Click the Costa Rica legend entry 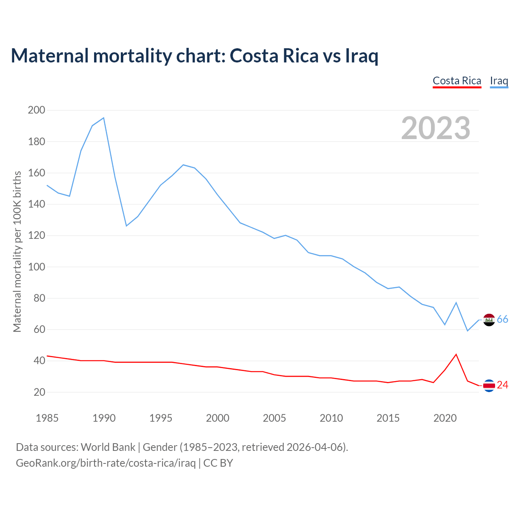[x=457, y=81]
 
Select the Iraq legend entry [x=499, y=81]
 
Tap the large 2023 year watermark [x=436, y=128]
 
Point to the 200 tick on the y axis [x=36, y=110]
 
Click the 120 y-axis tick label [x=36, y=235]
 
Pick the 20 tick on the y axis [x=39, y=392]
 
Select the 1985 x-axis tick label [x=47, y=418]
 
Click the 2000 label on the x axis [x=218, y=418]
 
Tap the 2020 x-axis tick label [x=445, y=418]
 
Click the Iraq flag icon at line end [x=489, y=320]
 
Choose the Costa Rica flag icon [x=489, y=386]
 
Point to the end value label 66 [x=503, y=320]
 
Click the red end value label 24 [x=503, y=385]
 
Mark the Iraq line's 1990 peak [x=104, y=118]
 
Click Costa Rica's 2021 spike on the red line [x=456, y=354]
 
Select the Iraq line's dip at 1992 [x=127, y=225]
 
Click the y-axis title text [x=17, y=251]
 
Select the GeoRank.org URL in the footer [x=106, y=463]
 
